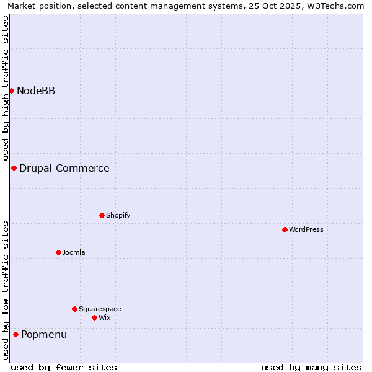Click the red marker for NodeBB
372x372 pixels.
[11, 91]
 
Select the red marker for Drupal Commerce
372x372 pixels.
[14, 169]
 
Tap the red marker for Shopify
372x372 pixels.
[102, 216]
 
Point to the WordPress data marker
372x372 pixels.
[285, 230]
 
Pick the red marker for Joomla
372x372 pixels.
[58, 253]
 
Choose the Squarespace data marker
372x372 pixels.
[74, 309]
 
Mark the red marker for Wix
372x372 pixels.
[94, 318]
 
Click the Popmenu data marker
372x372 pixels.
[15, 335]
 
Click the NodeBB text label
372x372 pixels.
[36, 91]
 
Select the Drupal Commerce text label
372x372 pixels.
[64, 169]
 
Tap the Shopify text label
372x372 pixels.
[118, 216]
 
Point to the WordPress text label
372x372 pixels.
[306, 230]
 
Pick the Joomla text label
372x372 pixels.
[74, 253]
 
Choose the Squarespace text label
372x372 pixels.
[100, 309]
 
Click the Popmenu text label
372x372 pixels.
[44, 335]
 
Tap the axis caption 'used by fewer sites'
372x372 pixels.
[64, 367]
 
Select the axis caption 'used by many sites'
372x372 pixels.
[311, 367]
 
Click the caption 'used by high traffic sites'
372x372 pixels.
[6, 88]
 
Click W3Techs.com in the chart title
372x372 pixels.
[335, 6]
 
